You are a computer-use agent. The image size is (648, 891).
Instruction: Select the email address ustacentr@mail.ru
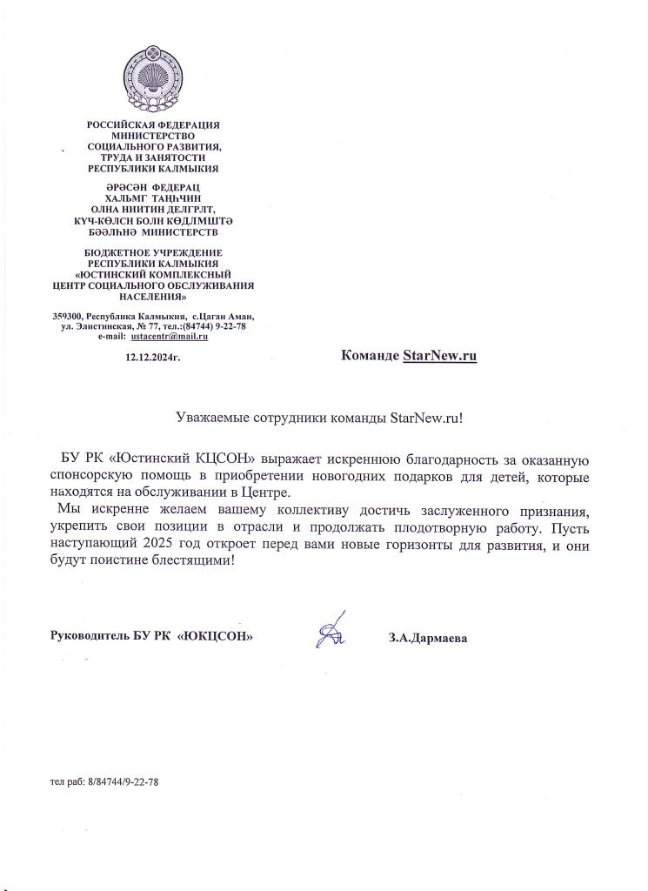coord(170,336)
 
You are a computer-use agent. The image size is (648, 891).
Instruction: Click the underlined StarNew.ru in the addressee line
coord(440,356)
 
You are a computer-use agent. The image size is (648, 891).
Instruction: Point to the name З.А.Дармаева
coord(429,638)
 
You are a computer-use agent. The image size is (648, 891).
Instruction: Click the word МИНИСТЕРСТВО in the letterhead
coord(153,136)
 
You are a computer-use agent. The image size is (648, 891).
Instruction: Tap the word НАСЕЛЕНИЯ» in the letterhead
coord(153,296)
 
